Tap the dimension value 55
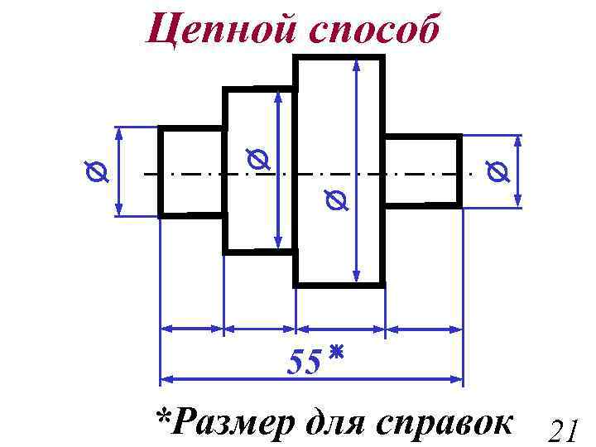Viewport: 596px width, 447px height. coord(304,362)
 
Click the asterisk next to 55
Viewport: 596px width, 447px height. coord(335,354)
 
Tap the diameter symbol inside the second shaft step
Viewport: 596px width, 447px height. coord(257,160)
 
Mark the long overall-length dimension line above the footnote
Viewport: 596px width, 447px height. coord(248,380)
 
